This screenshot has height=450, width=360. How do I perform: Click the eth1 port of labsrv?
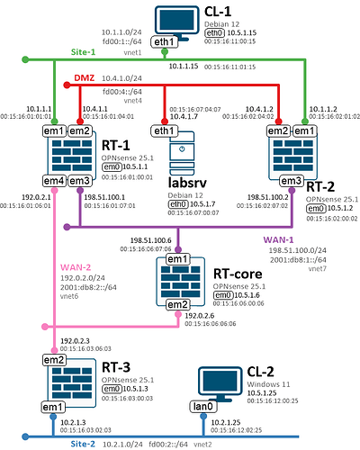pyautogui.click(x=164, y=131)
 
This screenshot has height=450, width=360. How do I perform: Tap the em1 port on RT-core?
pyautogui.click(x=176, y=261)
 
